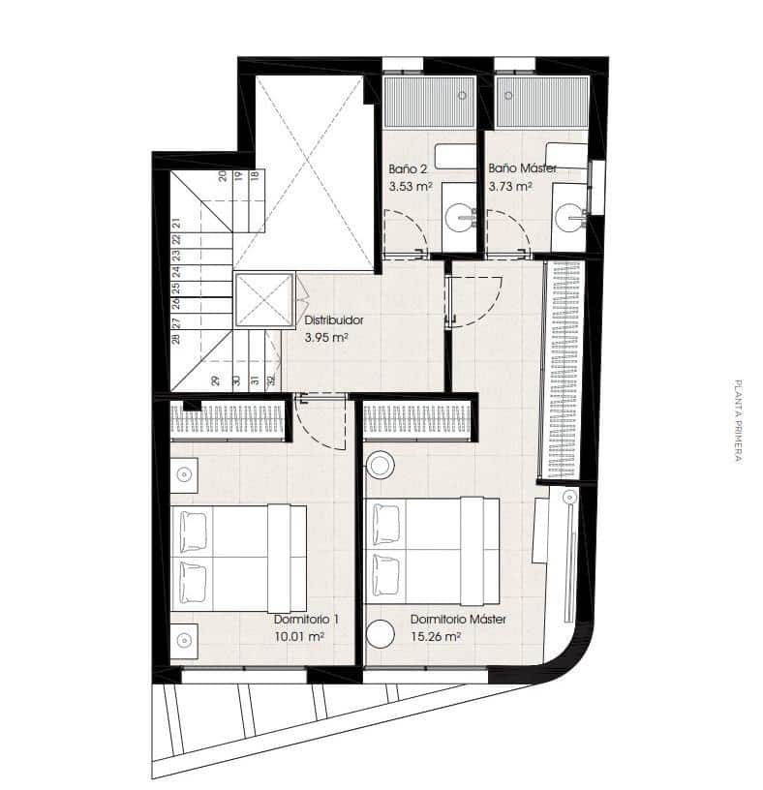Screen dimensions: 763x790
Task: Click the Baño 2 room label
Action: click(x=408, y=169)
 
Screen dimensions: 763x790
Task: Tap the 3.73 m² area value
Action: click(x=510, y=187)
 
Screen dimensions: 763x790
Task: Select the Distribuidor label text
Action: click(x=334, y=320)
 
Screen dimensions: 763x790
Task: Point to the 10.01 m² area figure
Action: click(x=299, y=637)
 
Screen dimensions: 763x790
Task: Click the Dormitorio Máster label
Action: click(x=458, y=620)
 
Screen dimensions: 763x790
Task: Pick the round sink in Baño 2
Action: click(x=460, y=217)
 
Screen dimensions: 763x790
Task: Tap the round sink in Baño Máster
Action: click(x=569, y=217)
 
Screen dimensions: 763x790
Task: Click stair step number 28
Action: click(x=176, y=339)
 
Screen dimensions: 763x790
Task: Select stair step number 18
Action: click(x=255, y=176)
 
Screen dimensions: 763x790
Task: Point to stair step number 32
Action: click(x=272, y=380)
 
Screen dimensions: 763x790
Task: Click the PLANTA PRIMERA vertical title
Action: click(x=738, y=421)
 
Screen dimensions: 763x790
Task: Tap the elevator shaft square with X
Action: click(x=264, y=300)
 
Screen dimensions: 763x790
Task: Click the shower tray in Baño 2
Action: click(x=429, y=102)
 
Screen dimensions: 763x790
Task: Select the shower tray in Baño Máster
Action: click(x=542, y=102)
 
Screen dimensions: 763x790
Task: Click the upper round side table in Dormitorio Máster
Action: click(x=380, y=464)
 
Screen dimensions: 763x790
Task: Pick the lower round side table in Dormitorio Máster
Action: click(x=380, y=634)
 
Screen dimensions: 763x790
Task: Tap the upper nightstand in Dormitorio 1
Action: click(x=184, y=474)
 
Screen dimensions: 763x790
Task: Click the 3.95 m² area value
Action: click(x=326, y=338)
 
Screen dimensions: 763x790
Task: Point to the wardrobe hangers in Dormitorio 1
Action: click(x=228, y=420)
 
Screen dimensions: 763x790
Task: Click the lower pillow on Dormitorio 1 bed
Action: click(x=194, y=583)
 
